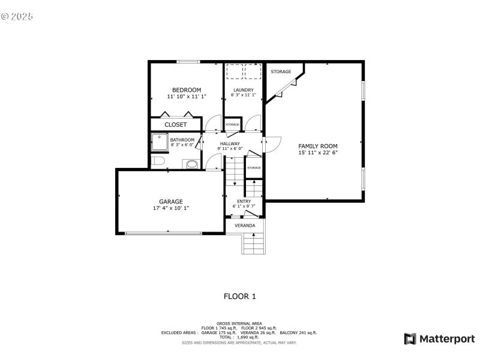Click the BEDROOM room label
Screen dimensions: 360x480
click(x=186, y=90)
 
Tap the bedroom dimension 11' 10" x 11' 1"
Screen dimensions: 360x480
click(x=186, y=96)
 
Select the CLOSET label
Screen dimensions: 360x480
click(x=175, y=125)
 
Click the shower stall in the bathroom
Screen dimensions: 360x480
click(x=160, y=142)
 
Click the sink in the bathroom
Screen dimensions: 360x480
click(x=192, y=164)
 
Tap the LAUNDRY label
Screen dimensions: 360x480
click(x=244, y=90)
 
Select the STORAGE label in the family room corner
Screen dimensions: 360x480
click(x=280, y=72)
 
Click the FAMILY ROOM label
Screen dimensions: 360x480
click(x=318, y=146)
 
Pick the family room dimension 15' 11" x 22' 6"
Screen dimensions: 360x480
click(x=318, y=153)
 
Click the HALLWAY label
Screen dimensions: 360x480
click(x=230, y=144)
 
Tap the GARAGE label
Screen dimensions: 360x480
click(x=171, y=202)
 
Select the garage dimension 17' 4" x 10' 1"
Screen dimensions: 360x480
click(x=171, y=208)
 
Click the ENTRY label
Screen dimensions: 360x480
click(x=244, y=202)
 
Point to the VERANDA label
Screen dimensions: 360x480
click(x=244, y=226)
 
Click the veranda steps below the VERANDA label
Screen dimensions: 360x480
click(x=253, y=244)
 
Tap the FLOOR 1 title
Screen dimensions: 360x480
click(x=240, y=296)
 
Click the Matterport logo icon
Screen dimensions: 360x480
click(x=410, y=339)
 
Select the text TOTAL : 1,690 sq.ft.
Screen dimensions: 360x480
click(x=239, y=337)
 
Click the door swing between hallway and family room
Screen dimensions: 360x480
click(x=272, y=143)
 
